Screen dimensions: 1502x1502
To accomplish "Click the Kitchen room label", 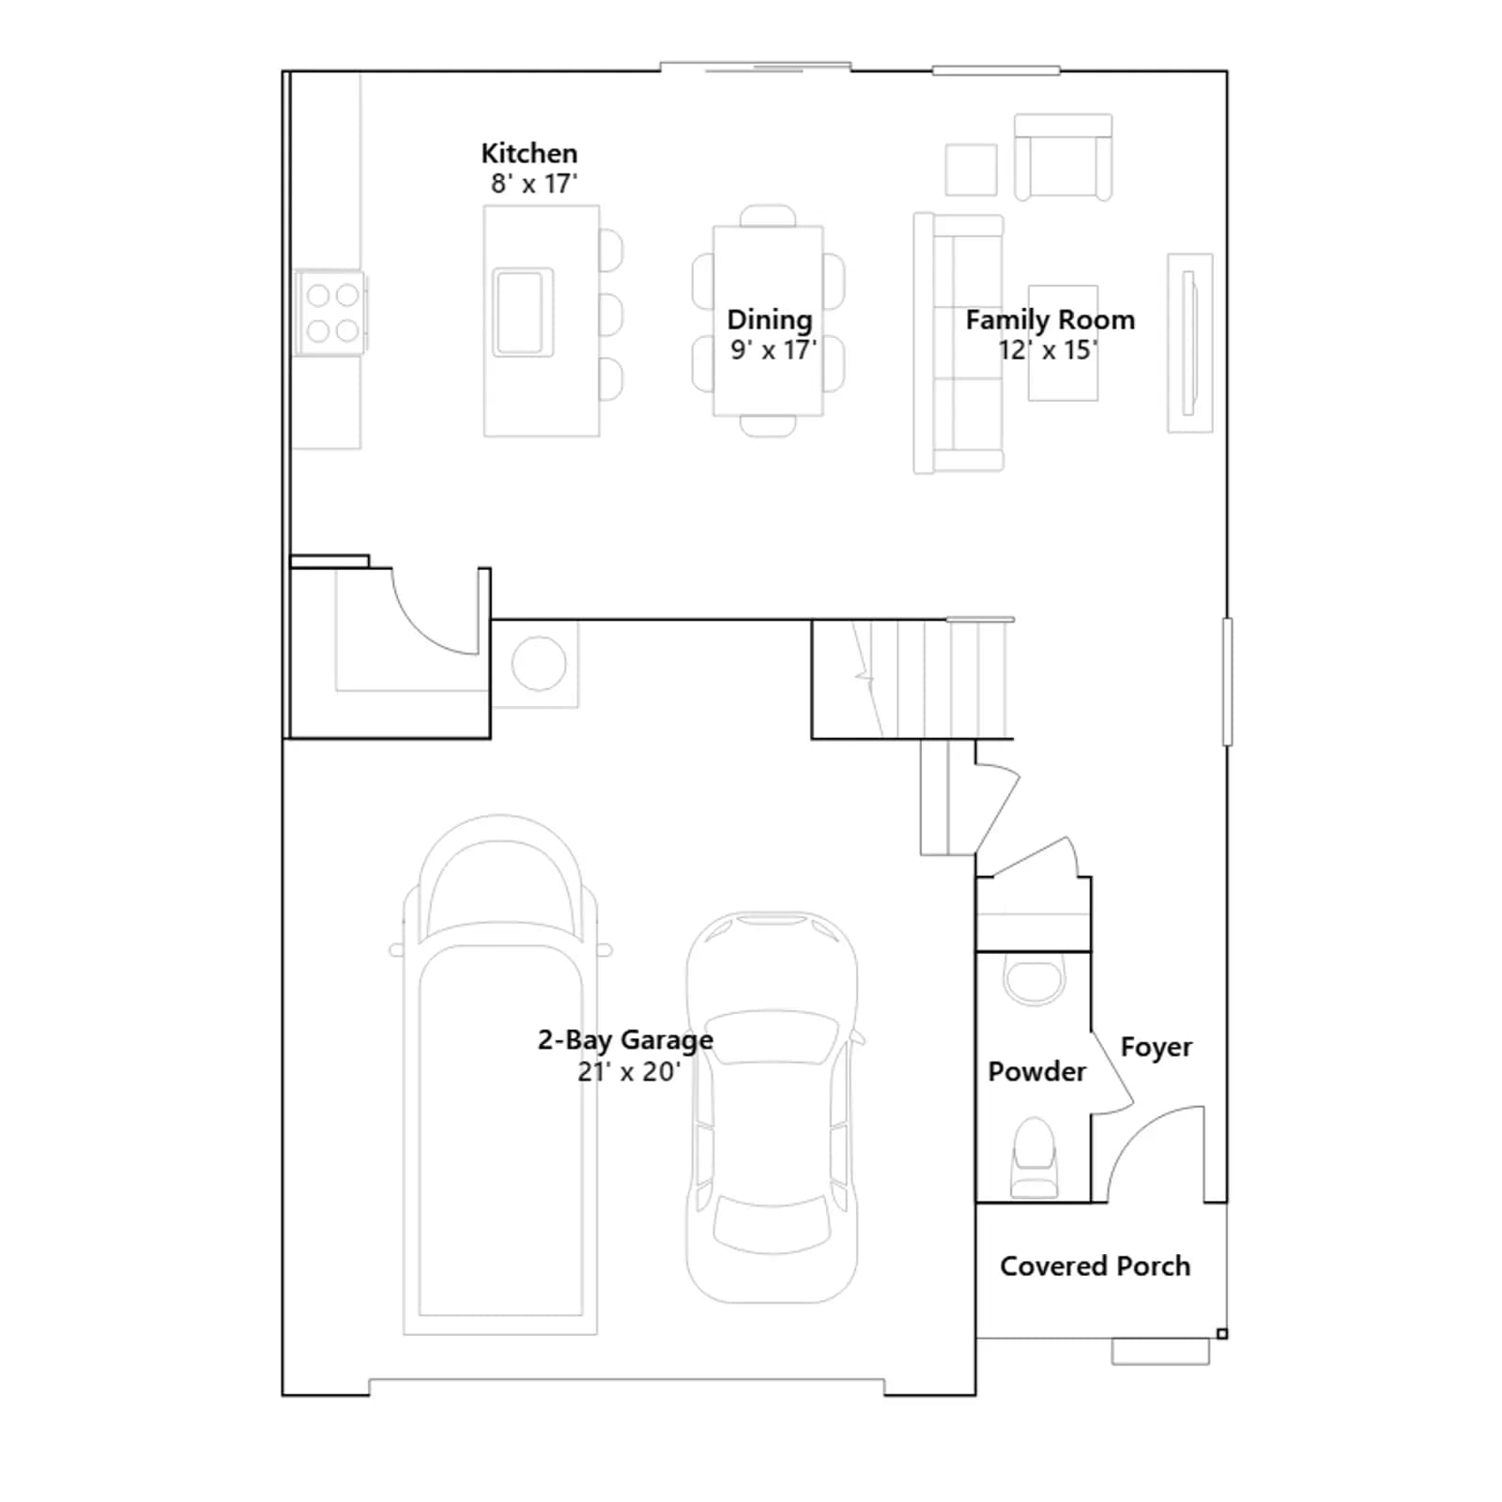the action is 529,153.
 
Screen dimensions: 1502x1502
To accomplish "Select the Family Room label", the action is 1050,320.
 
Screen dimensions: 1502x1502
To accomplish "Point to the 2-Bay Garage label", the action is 625,1040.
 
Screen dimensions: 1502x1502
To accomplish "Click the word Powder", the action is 1036,1071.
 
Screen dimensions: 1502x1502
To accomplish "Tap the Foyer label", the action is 1156,1048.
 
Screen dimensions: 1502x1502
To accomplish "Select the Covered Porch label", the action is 1095,1266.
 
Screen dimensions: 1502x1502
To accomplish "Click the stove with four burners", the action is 330,313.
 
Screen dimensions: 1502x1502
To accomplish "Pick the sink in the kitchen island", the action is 523,312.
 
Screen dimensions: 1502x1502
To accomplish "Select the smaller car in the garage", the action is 772,1107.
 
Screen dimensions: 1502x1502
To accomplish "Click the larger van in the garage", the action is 500,1075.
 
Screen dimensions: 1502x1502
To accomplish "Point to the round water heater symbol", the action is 539,663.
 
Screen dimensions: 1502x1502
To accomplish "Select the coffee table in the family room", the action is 1063,344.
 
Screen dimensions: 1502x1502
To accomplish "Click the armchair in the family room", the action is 1063,157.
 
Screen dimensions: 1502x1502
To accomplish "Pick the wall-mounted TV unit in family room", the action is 1189,343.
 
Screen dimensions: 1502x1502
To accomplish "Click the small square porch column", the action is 1221,1334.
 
